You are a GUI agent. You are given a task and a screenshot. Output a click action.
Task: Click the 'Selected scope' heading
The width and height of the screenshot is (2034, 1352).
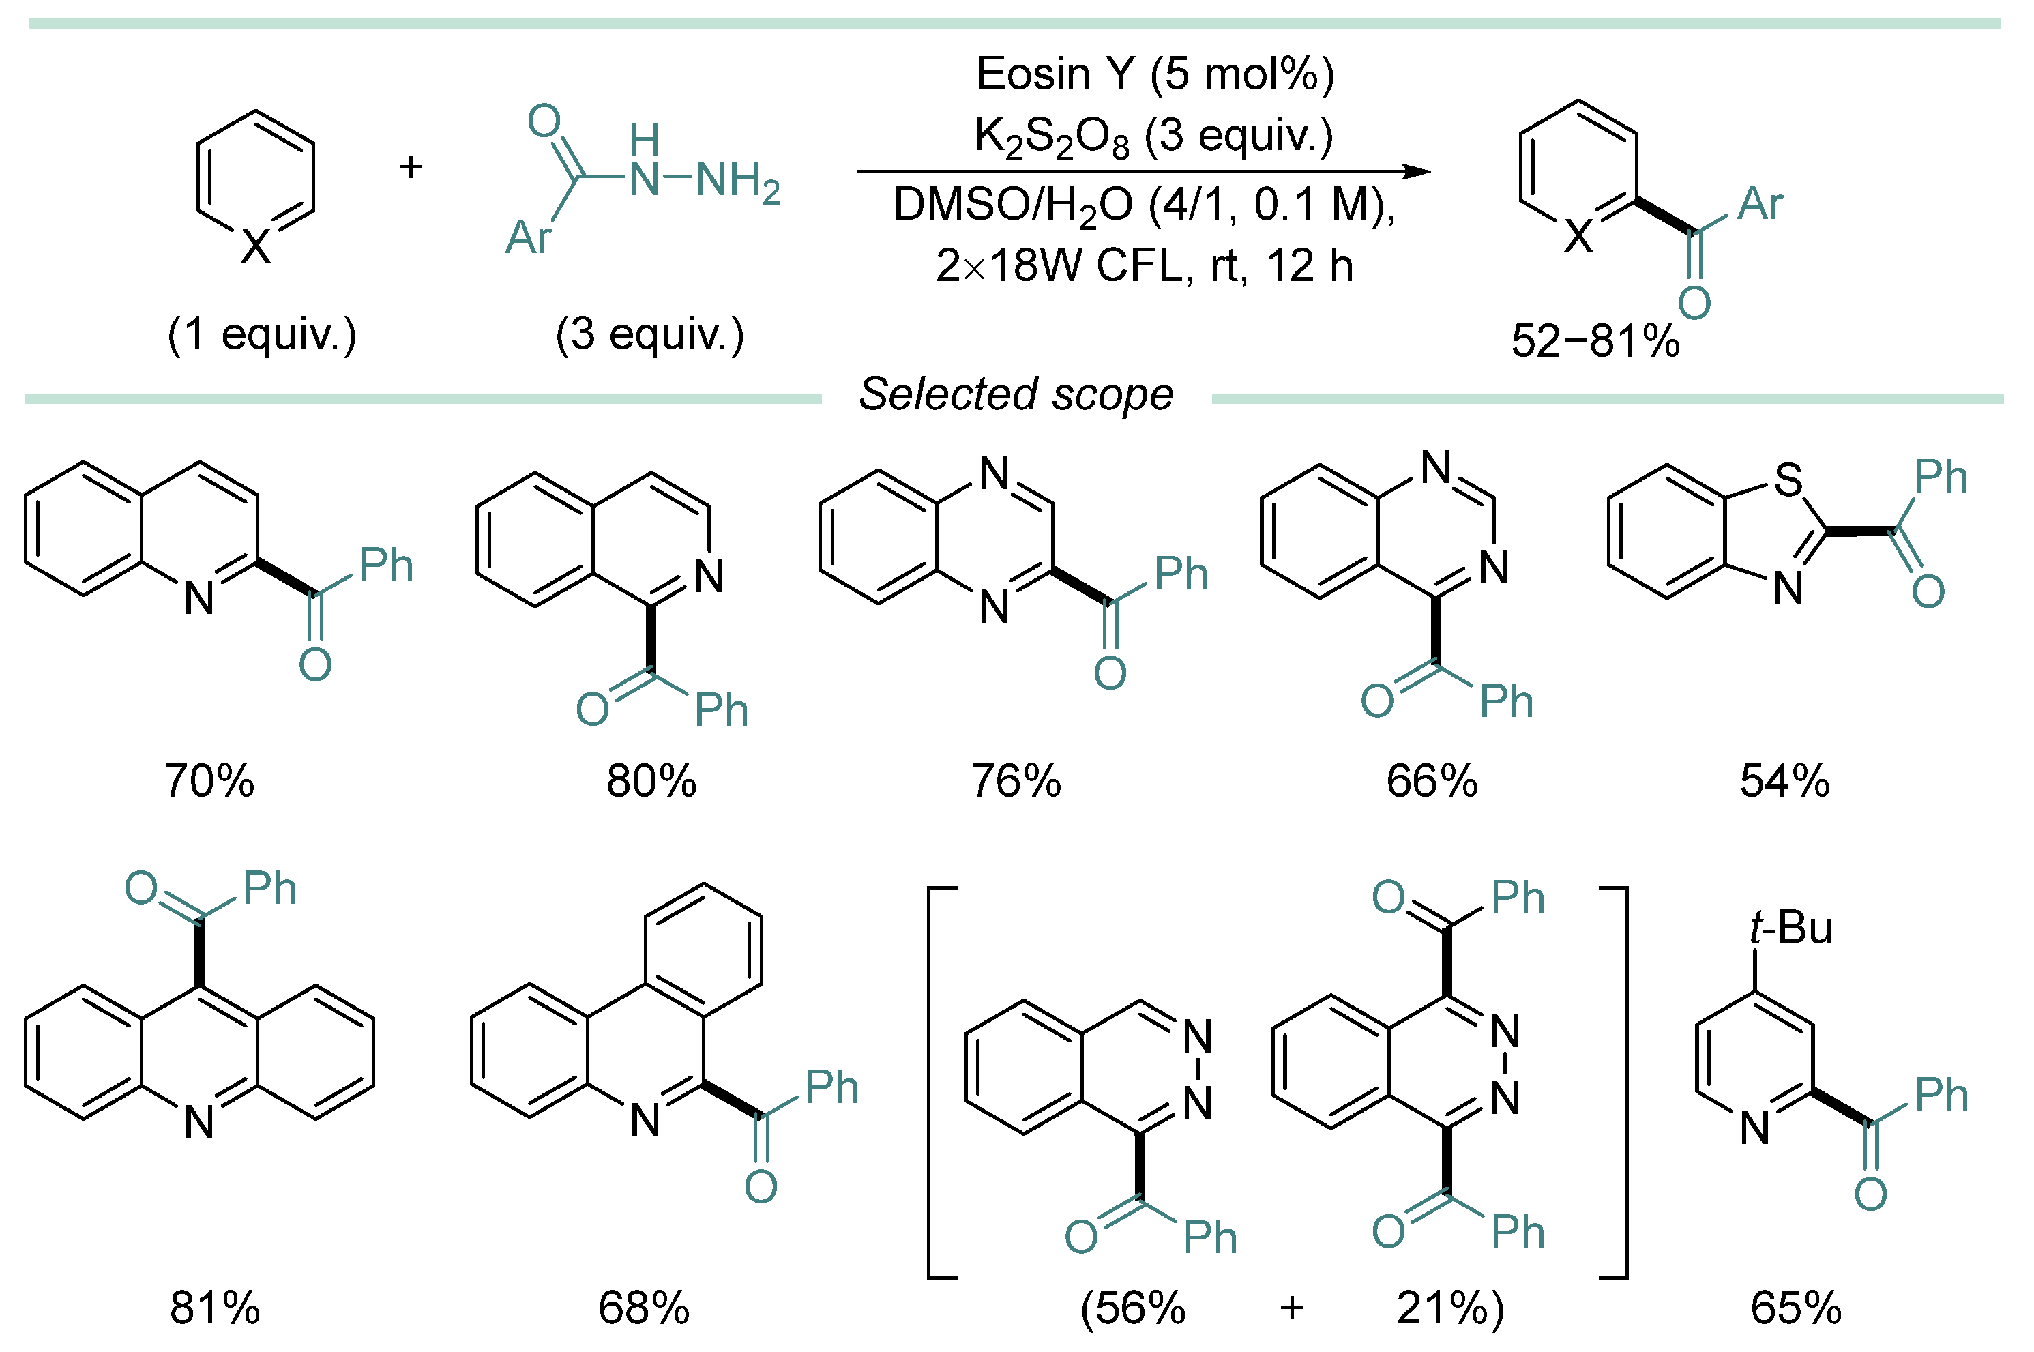click(x=1016, y=395)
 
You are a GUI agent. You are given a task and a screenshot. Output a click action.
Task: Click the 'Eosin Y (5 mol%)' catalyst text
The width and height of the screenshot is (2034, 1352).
click(x=1155, y=74)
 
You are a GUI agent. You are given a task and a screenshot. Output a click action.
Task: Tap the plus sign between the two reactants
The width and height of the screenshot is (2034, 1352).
click(x=411, y=166)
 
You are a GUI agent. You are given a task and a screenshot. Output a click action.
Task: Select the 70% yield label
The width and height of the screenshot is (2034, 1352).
click(x=209, y=781)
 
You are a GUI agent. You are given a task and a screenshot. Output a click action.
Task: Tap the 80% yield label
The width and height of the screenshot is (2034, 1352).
click(x=651, y=781)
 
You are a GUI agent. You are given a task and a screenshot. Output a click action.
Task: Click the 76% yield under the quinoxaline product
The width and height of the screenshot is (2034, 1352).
click(x=1016, y=781)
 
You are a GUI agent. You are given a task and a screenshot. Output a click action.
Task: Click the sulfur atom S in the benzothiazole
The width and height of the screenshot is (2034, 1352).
click(x=1787, y=480)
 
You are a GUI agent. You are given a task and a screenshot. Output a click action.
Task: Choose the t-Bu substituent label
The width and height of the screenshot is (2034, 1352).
click(x=1791, y=928)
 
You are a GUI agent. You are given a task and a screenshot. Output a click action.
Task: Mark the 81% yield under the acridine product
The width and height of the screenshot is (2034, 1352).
click(x=215, y=1308)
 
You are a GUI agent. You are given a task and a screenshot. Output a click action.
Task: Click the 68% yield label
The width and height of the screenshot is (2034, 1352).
click(x=644, y=1308)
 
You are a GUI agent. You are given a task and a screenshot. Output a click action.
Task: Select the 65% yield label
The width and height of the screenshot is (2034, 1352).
click(x=1796, y=1308)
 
